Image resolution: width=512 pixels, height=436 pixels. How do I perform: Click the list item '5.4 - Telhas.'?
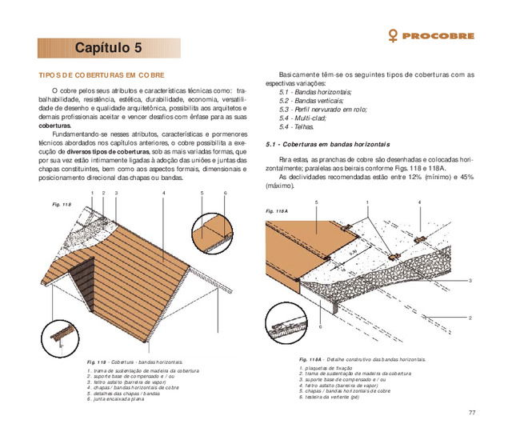pos(297,126)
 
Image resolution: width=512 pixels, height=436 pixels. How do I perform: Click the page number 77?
pos(472,411)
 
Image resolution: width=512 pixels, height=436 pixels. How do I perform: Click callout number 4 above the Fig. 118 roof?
pos(163,193)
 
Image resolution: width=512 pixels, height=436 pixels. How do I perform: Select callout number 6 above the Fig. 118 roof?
pos(226,193)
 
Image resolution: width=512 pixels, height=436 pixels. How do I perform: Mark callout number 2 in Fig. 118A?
pos(470,318)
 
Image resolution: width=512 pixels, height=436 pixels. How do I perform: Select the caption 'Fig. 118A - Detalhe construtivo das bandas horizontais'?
pos(362,360)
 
